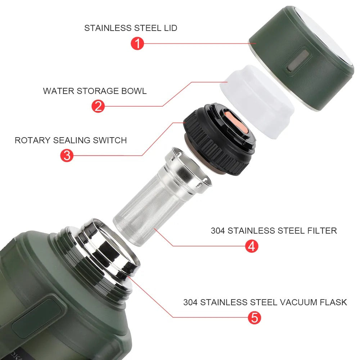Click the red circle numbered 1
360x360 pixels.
pyautogui.click(x=137, y=44)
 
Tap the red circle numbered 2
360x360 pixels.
pyautogui.click(x=98, y=106)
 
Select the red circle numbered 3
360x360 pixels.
pyautogui.click(x=67, y=156)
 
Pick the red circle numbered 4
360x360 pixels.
pyautogui.click(x=252, y=246)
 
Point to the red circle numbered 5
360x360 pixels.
pyautogui.click(x=254, y=317)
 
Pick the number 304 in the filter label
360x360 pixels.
pyautogui.click(x=218, y=230)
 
